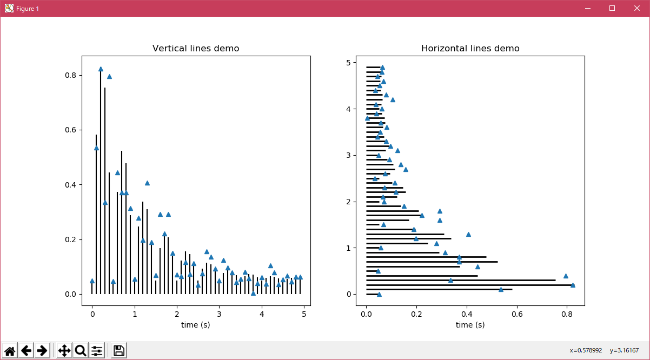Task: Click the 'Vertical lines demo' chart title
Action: click(196, 49)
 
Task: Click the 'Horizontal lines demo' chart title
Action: click(470, 49)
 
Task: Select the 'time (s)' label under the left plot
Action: click(196, 325)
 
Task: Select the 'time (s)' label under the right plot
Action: click(470, 325)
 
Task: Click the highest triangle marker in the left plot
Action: click(101, 69)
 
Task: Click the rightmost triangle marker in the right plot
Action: click(573, 285)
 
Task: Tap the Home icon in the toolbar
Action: click(10, 350)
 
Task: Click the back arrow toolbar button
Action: click(26, 350)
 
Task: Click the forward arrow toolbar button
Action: click(42, 350)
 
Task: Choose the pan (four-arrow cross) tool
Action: click(64, 350)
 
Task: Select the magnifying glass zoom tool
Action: click(81, 350)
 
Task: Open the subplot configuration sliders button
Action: click(97, 350)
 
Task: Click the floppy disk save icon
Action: click(119, 350)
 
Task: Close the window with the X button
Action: click(637, 8)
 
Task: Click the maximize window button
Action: click(612, 8)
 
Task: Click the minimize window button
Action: click(587, 8)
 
